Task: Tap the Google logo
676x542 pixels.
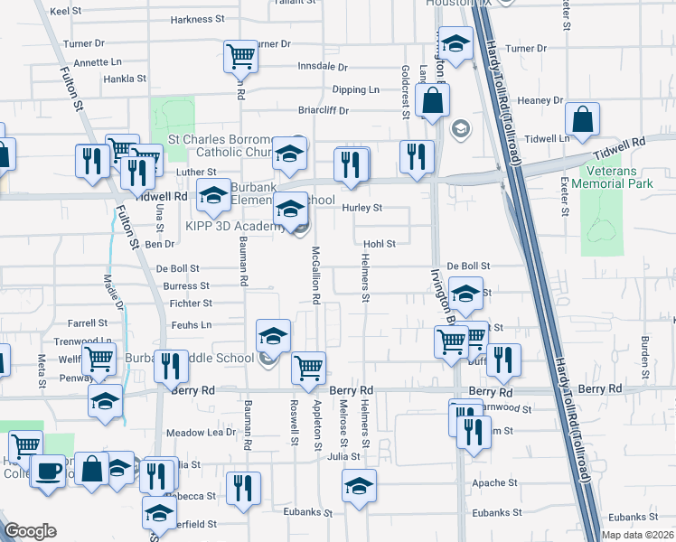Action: [30, 530]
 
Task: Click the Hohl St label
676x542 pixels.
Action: [380, 244]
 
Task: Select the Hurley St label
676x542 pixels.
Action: [362, 208]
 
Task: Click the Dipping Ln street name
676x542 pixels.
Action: [355, 89]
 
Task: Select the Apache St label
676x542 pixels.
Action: [493, 483]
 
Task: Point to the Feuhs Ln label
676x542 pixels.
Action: [190, 324]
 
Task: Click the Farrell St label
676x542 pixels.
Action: [88, 322]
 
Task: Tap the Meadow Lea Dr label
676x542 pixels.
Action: [201, 433]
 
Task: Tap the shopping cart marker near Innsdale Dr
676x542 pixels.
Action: [241, 56]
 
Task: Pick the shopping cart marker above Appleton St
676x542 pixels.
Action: [309, 368]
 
